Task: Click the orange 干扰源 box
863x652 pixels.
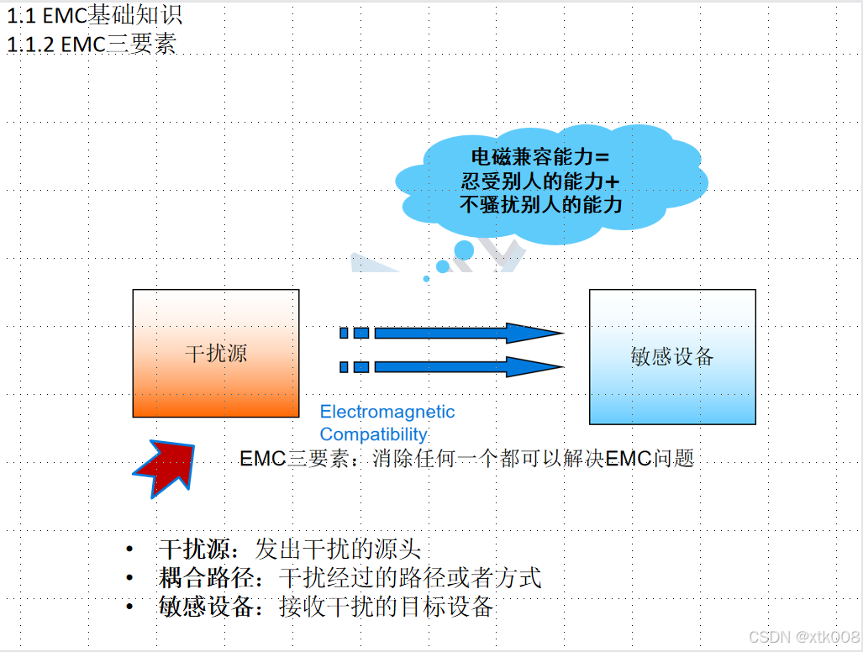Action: click(x=216, y=353)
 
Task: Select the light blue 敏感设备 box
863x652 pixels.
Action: click(x=671, y=356)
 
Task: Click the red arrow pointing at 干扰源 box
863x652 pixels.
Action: click(x=164, y=468)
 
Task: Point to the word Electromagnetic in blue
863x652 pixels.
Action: click(x=387, y=412)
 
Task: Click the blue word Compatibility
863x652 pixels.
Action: click(x=374, y=434)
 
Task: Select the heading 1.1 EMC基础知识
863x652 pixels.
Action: click(x=94, y=15)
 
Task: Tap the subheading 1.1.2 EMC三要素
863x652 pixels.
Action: click(x=92, y=45)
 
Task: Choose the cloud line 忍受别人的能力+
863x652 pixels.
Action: click(x=541, y=181)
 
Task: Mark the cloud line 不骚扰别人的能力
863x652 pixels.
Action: click(x=541, y=204)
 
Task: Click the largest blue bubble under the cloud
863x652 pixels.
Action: click(x=464, y=250)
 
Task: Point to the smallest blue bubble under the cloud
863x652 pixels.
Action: click(x=426, y=278)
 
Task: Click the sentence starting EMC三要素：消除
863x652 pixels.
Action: click(x=466, y=459)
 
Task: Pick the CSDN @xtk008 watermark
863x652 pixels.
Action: click(x=803, y=636)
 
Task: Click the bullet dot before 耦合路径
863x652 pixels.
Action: click(x=129, y=578)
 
